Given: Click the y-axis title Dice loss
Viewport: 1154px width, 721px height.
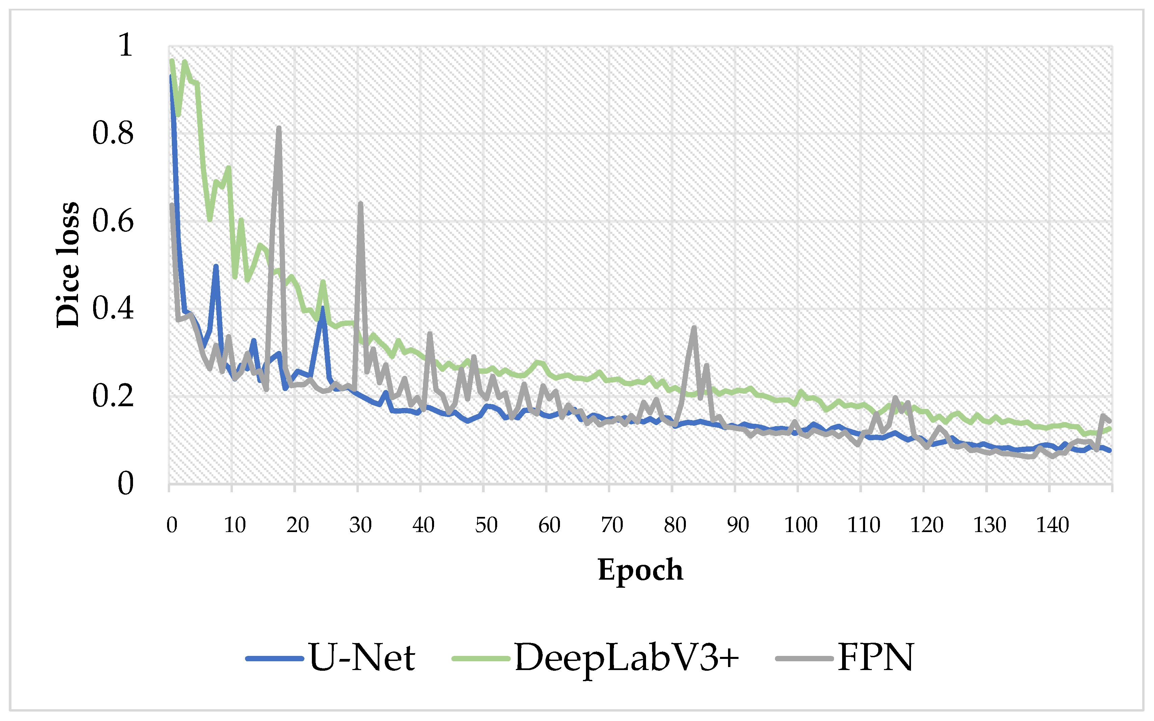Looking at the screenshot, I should pyautogui.click(x=68, y=264).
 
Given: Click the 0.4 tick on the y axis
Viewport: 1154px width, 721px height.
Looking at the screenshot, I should pyautogui.click(x=113, y=308).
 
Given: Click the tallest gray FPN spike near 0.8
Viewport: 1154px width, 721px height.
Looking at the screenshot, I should pyautogui.click(x=278, y=128).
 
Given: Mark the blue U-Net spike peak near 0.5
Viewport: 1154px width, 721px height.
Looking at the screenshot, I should pyautogui.click(x=216, y=266).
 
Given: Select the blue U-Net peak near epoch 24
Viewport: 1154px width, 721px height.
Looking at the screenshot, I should pyautogui.click(x=323, y=308).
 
